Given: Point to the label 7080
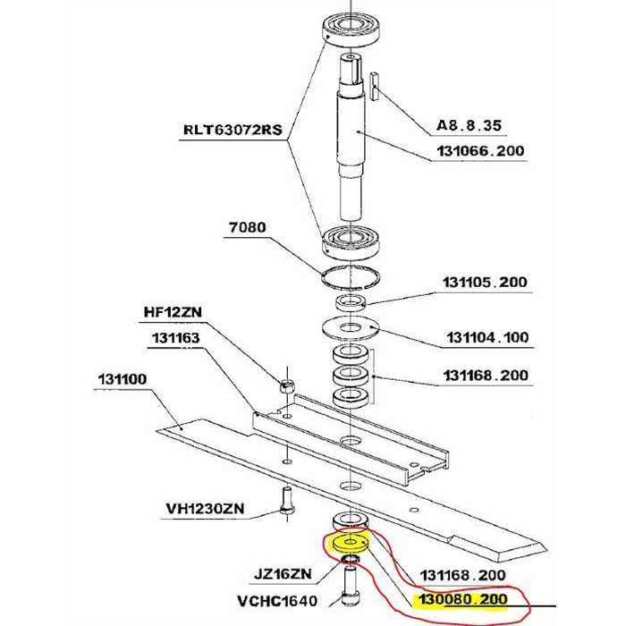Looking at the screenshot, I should pyautogui.click(x=247, y=228).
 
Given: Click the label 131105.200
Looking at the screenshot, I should pyautogui.click(x=485, y=283).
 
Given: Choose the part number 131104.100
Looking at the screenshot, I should pyautogui.click(x=487, y=339).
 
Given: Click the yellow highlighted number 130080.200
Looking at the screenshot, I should pyautogui.click(x=462, y=599).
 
